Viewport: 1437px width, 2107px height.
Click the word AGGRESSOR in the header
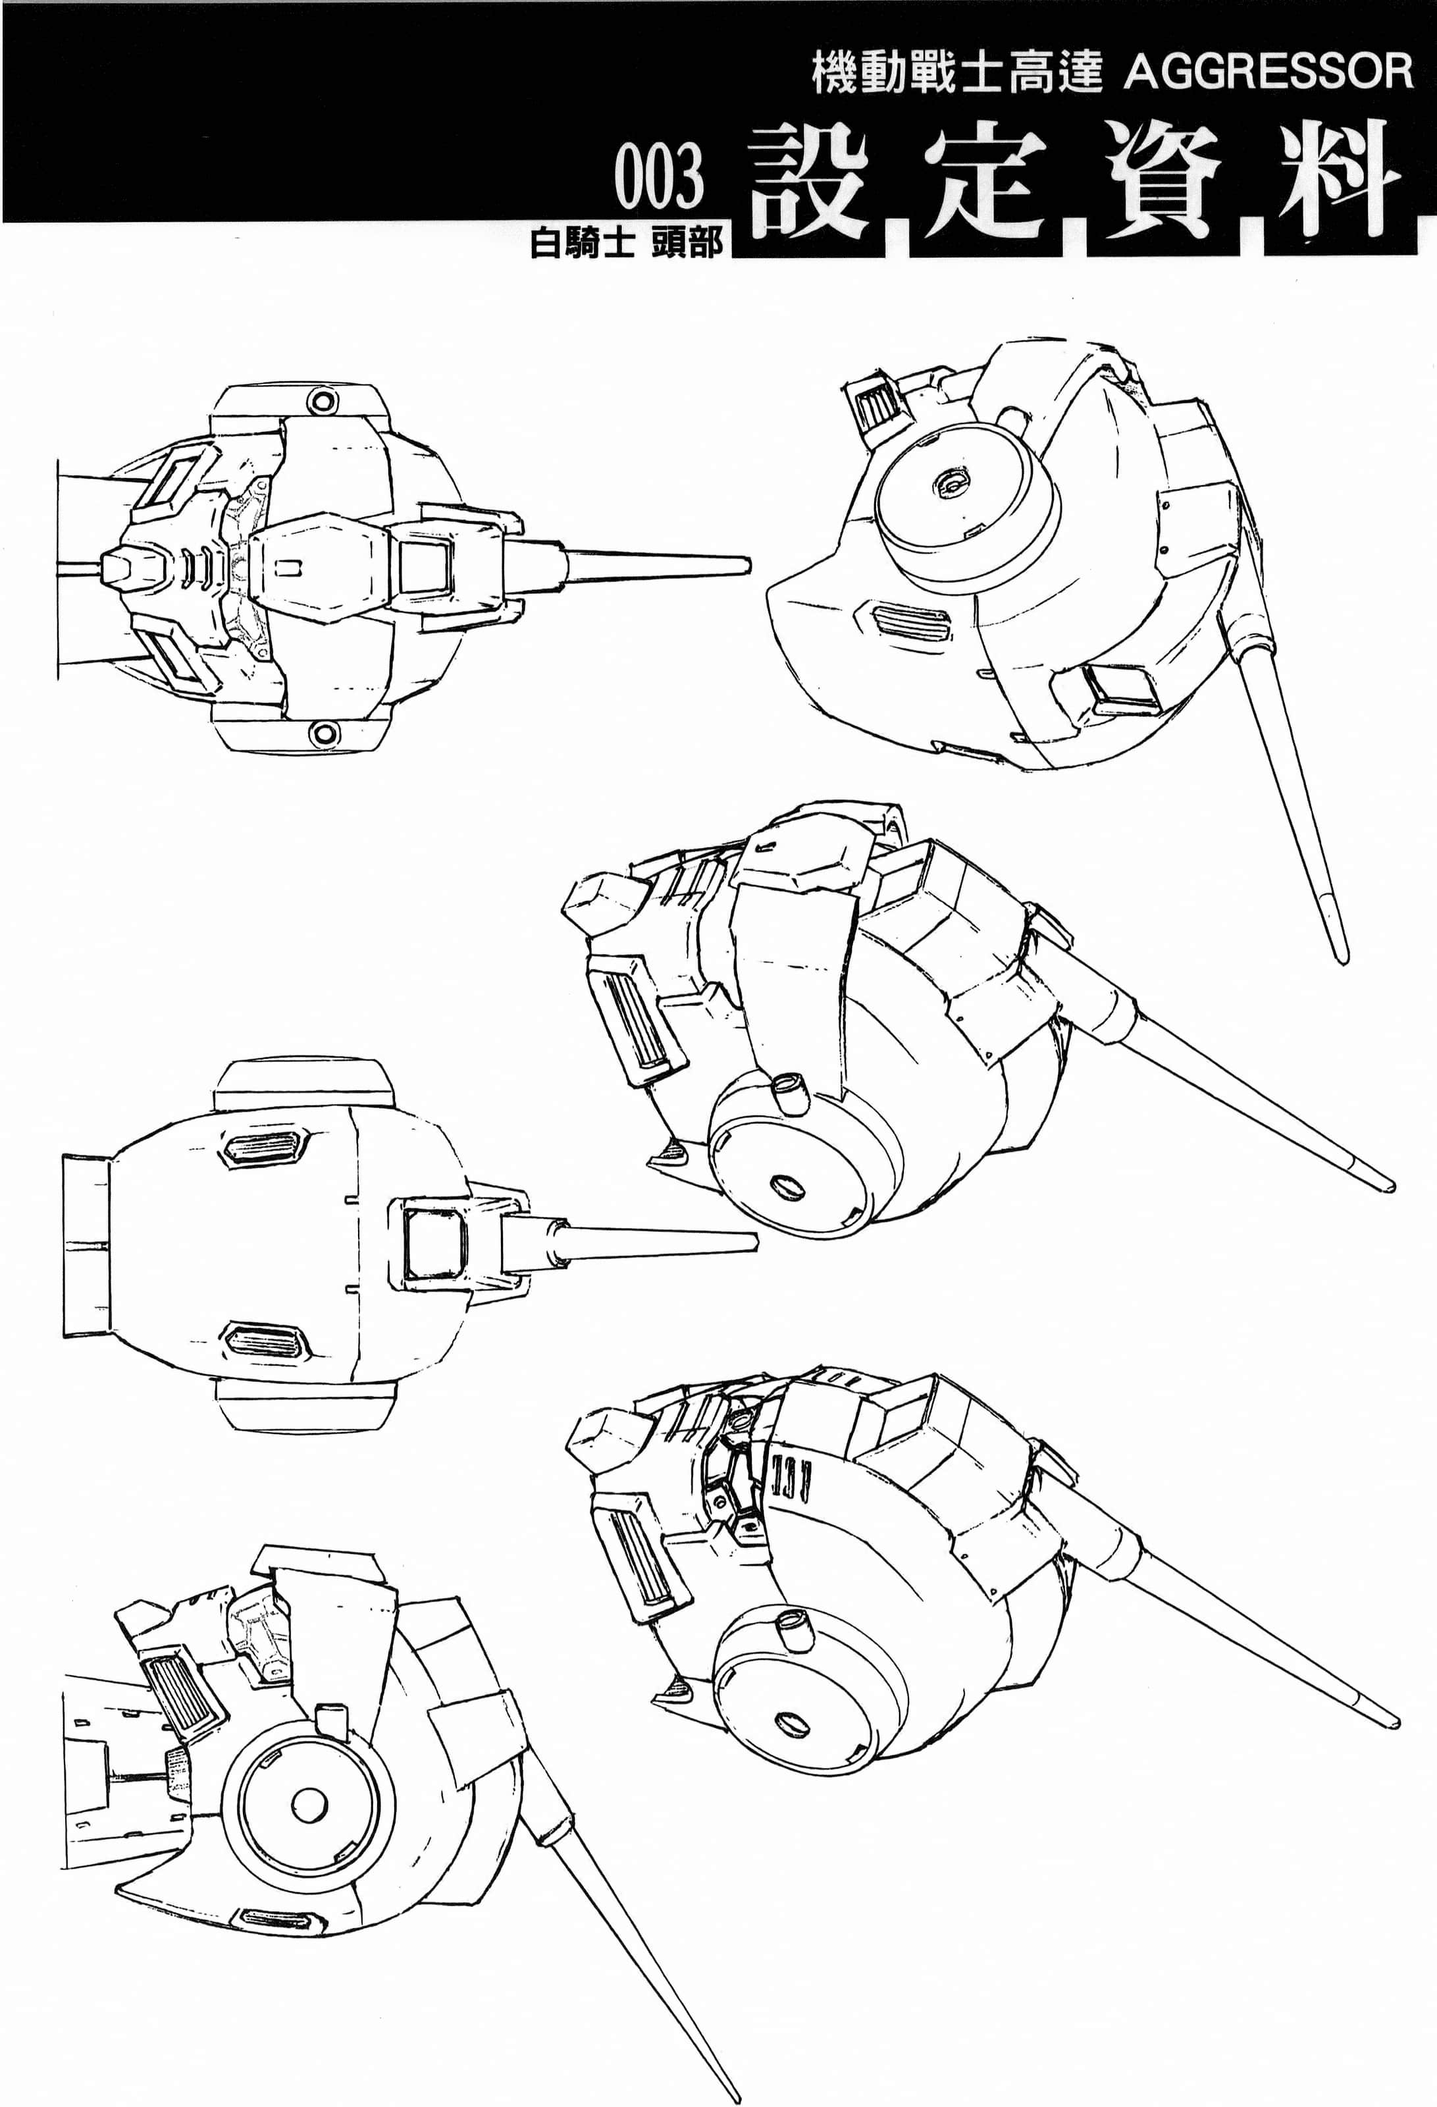1268,72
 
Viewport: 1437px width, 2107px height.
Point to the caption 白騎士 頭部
627,243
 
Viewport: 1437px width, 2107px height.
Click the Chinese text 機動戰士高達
956,72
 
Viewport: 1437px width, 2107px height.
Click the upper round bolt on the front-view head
322,400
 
